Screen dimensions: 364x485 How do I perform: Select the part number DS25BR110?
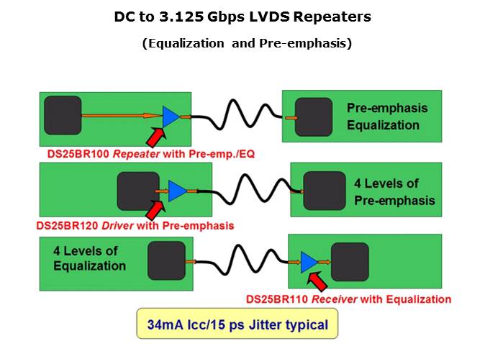pyautogui.click(x=276, y=299)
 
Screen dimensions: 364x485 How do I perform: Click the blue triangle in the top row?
pyautogui.click(x=171, y=116)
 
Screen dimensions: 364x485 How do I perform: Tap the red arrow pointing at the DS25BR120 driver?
pyautogui.click(x=155, y=209)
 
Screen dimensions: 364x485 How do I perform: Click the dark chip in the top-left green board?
pyautogui.click(x=63, y=116)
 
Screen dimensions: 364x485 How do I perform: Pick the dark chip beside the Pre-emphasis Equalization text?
pyautogui.click(x=314, y=117)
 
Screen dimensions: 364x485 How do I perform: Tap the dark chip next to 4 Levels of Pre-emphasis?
pyautogui.click(x=323, y=190)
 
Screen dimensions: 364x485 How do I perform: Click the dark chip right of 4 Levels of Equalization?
pyautogui.click(x=166, y=261)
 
